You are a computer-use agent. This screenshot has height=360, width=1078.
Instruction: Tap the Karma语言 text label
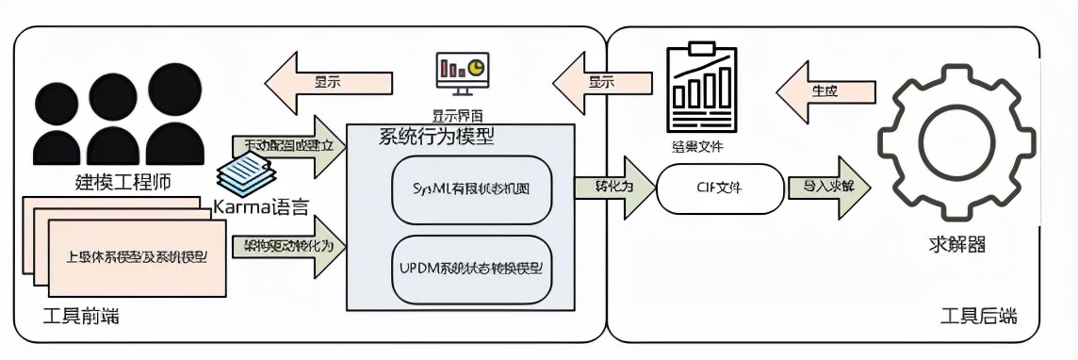coord(261,205)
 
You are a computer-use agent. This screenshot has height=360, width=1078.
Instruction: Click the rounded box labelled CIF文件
coord(720,187)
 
